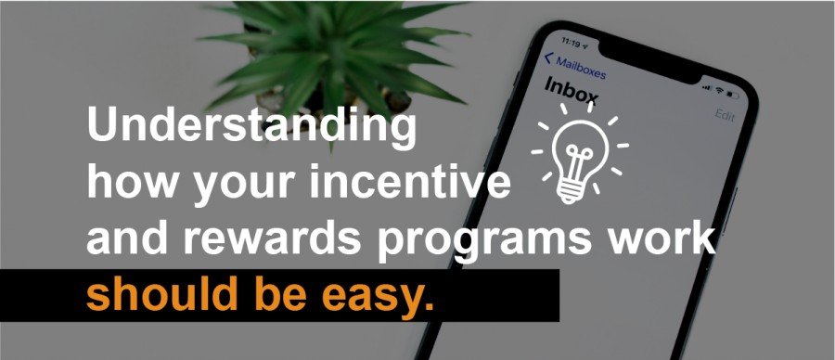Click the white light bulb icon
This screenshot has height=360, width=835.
pos(579,153)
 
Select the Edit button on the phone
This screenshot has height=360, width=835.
pos(725,114)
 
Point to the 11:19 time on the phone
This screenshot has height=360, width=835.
pos(571,42)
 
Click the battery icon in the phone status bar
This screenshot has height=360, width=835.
pos(733,96)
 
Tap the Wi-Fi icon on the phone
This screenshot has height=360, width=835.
pos(719,91)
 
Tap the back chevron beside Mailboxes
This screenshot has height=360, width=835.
pos(548,58)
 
